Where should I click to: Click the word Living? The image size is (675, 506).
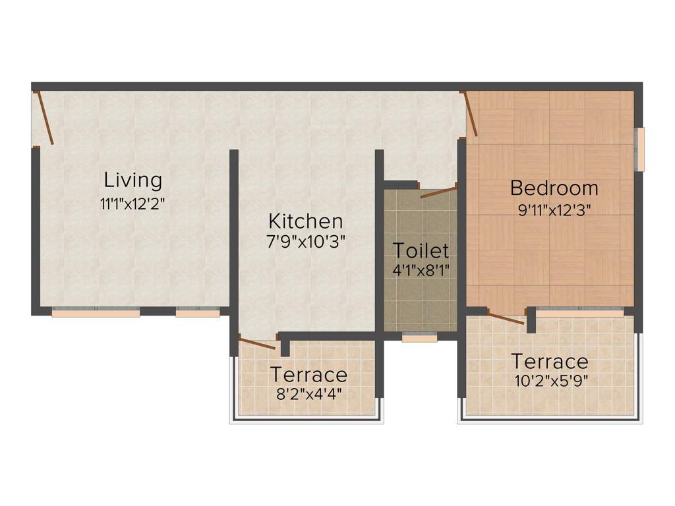(133, 180)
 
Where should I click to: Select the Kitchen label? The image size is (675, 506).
(305, 221)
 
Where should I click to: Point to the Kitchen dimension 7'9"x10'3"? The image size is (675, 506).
(305, 242)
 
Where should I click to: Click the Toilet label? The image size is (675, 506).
(421, 250)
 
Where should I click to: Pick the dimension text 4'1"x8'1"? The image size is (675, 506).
(421, 270)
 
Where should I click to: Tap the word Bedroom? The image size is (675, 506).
(554, 188)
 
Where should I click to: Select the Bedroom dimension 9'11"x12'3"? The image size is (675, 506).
(554, 211)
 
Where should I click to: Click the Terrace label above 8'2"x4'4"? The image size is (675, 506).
(308, 375)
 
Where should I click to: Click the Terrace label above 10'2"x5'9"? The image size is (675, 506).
(550, 362)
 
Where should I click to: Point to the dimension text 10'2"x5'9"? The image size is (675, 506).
(550, 381)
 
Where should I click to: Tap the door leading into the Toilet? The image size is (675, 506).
(438, 192)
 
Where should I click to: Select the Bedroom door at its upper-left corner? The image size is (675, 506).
(471, 114)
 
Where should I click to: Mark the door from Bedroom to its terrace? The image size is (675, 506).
(506, 318)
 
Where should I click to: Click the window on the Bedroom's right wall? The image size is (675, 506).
(639, 149)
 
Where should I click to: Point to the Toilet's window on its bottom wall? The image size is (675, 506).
(419, 338)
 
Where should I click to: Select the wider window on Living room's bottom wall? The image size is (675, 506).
(96, 313)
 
